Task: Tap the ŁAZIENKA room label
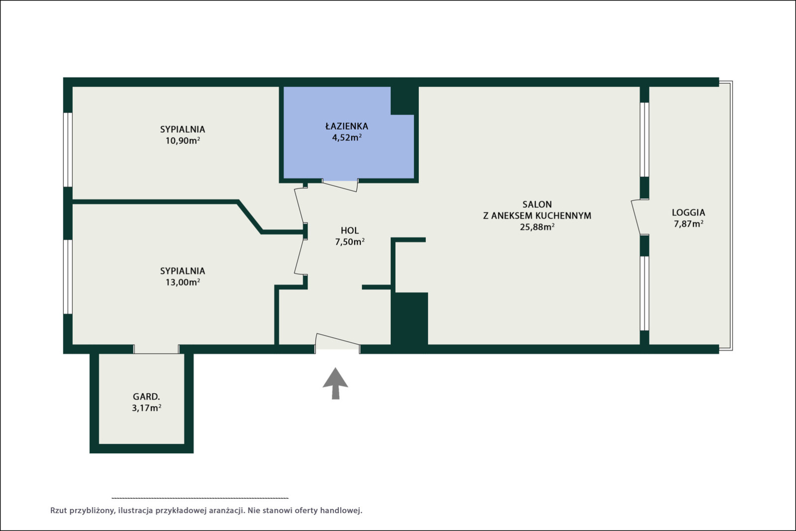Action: (x=347, y=126)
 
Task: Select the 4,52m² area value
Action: (x=347, y=137)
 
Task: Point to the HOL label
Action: (x=350, y=231)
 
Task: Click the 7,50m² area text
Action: (x=350, y=242)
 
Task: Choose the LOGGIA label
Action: (x=688, y=213)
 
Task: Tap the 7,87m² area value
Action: (x=688, y=224)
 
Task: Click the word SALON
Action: (x=537, y=204)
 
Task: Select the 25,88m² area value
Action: (x=537, y=227)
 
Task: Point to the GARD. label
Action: (x=146, y=397)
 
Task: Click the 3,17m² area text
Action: (x=146, y=408)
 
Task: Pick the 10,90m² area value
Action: (x=183, y=141)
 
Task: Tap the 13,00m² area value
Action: (x=183, y=282)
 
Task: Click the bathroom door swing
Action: (x=340, y=186)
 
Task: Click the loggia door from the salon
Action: (x=637, y=217)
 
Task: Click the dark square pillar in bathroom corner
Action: (x=404, y=101)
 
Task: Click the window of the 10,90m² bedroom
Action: (x=68, y=149)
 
